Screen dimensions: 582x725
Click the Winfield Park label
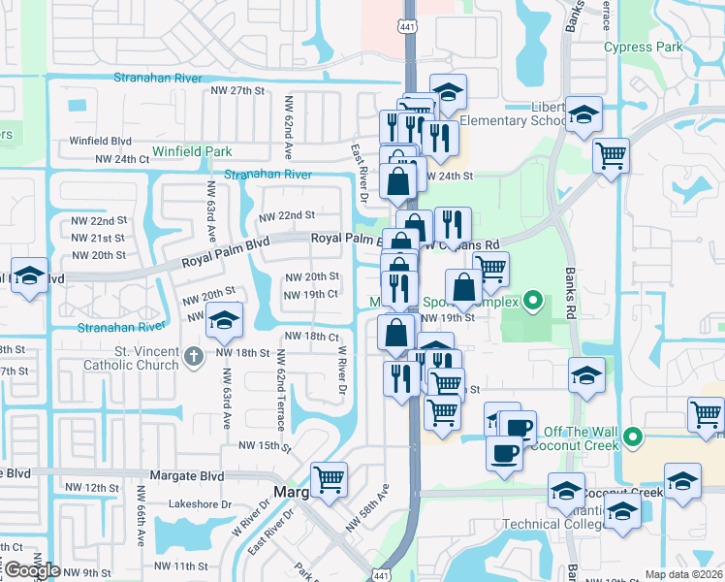191,151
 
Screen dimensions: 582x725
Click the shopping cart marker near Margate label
329,478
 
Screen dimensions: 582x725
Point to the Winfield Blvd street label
100,140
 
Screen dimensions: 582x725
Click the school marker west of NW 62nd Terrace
224,323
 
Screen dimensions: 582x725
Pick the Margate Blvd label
187,476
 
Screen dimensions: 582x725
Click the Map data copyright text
683,574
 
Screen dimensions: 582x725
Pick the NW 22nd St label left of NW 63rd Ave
102,221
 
